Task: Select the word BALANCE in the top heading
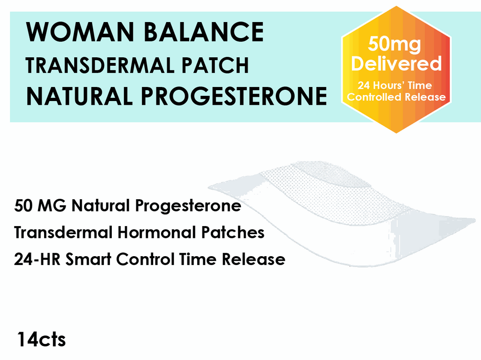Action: pos(203,32)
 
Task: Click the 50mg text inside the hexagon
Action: pos(394,44)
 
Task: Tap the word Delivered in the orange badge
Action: pos(396,63)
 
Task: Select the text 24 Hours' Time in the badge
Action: pos(395,86)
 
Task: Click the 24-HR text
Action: pos(38,259)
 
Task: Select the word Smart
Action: pos(89,259)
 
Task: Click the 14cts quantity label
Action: pos(41,339)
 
